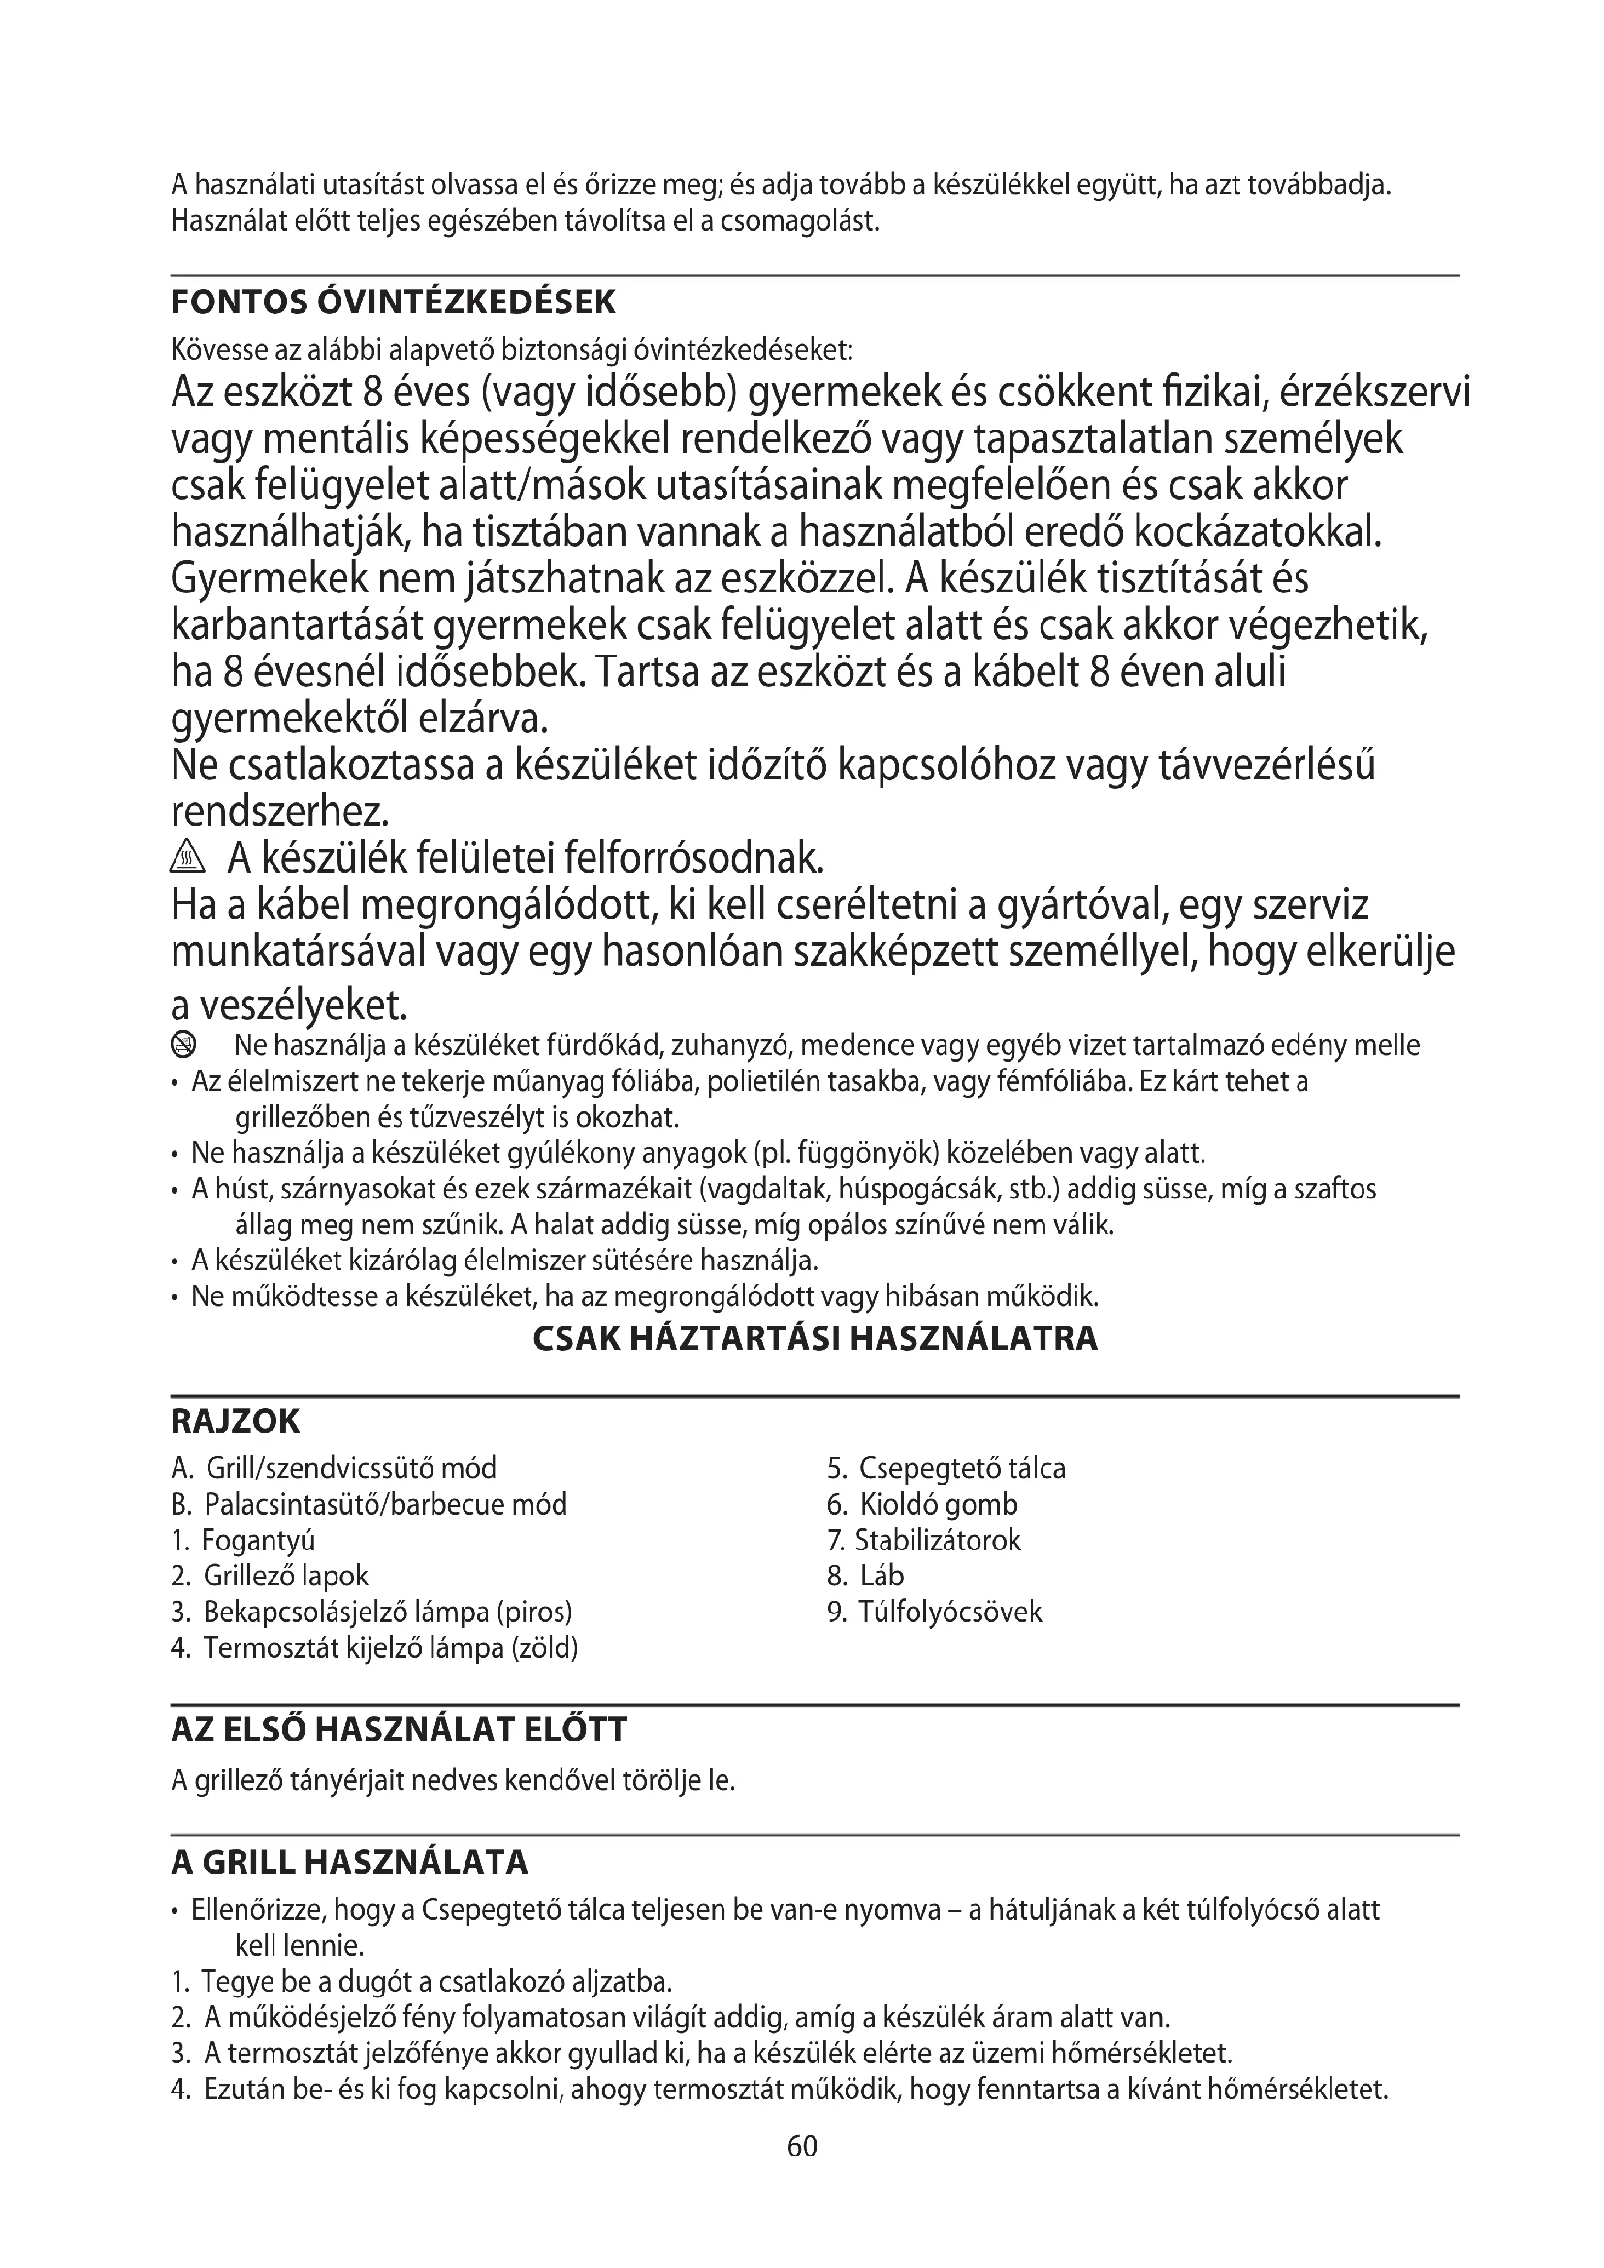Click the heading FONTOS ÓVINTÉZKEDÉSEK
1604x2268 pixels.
[x=393, y=303]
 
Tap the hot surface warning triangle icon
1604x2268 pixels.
[x=186, y=858]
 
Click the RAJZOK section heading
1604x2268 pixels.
[x=235, y=1422]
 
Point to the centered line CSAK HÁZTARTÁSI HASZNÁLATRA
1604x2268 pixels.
[x=815, y=1338]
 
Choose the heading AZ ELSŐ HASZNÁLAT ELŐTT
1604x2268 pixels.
[x=399, y=1729]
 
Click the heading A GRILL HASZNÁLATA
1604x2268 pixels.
[x=350, y=1863]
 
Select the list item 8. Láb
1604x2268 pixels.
[x=865, y=1576]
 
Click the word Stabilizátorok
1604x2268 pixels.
[x=938, y=1540]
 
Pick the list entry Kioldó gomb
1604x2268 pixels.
[x=938, y=1505]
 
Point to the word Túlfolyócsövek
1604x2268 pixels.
[x=950, y=1613]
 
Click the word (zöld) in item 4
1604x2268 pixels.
[x=543, y=1648]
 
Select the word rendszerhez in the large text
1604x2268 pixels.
[x=279, y=812]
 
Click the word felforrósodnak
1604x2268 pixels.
[x=692, y=858]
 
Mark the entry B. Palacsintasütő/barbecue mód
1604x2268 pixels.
[x=369, y=1505]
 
